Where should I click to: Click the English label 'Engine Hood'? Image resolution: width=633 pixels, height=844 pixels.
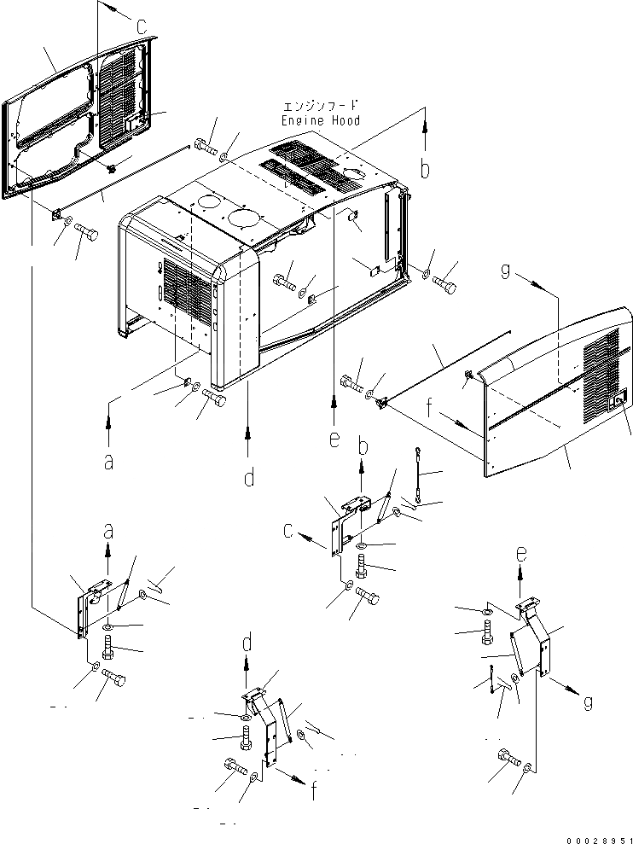click(320, 120)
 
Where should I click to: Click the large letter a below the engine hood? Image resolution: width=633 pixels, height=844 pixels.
click(108, 461)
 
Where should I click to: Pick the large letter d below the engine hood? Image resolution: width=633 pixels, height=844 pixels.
click(248, 477)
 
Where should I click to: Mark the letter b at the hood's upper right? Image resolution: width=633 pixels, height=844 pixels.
click(424, 169)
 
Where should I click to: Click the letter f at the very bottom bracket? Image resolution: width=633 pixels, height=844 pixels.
click(313, 791)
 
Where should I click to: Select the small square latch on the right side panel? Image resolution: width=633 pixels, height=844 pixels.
click(620, 397)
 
